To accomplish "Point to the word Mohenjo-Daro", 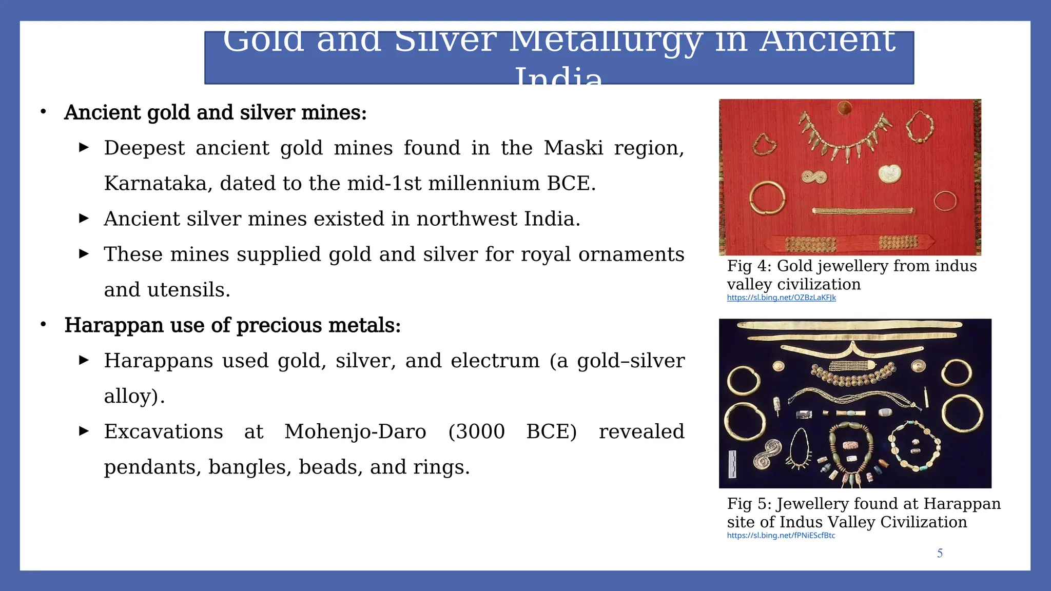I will (x=355, y=432).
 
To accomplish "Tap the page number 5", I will (x=940, y=553).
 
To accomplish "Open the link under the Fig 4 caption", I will (x=781, y=298).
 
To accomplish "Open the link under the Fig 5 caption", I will (x=781, y=536).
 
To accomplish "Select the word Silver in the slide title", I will (x=445, y=41).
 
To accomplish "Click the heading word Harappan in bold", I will (x=113, y=326).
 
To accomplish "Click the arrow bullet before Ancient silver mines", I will (x=84, y=219).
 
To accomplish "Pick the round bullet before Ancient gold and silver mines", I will (x=44, y=112).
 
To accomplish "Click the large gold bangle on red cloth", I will (x=767, y=198).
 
